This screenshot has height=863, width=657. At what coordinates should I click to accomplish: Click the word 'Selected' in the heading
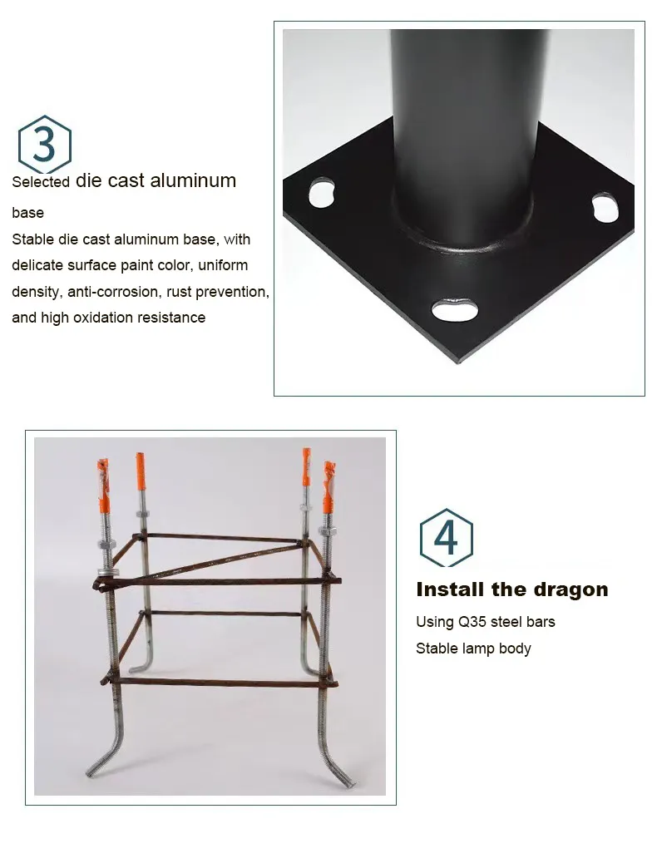coord(41,182)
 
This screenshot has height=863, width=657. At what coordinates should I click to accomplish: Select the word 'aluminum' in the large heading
coord(193,180)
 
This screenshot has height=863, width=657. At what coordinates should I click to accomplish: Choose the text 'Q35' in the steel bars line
coord(472,622)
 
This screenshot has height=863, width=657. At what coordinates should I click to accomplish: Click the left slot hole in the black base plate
coord(322,192)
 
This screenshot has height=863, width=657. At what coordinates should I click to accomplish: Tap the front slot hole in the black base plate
coord(455,308)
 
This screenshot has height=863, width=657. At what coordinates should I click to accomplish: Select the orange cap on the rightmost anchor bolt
coord(328,489)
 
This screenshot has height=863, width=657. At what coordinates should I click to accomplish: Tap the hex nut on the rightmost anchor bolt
coord(327,530)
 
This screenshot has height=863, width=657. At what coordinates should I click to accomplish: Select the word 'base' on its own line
coord(27,213)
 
